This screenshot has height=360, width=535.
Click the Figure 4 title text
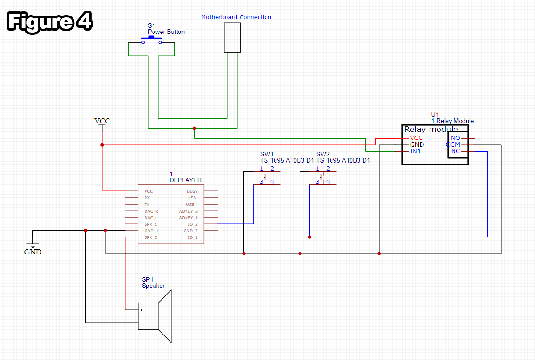tap(49, 22)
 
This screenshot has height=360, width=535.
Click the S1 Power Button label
tap(166, 29)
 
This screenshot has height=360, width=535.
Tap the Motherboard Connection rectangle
tap(232, 38)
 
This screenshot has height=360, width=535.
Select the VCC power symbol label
tap(102, 121)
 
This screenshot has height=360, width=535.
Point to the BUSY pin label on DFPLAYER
tap(192, 191)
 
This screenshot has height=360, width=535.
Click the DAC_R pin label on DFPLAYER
tap(151, 211)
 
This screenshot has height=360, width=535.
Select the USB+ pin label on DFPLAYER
tap(192, 205)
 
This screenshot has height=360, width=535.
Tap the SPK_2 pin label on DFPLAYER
tap(151, 237)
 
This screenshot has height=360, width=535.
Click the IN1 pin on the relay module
tap(415, 151)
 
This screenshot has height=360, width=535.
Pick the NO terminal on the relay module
tap(455, 138)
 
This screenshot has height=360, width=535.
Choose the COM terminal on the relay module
tap(453, 145)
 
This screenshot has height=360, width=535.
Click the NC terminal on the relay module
tap(455, 151)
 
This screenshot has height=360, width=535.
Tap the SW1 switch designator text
tap(267, 154)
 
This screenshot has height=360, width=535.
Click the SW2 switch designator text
tap(323, 154)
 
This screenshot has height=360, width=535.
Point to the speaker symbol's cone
tap(164, 316)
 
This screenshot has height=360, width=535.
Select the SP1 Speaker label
tap(153, 283)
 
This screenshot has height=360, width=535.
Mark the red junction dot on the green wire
tap(195, 128)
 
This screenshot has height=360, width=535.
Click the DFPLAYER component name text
tap(186, 180)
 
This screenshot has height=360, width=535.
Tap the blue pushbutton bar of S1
tap(152, 38)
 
